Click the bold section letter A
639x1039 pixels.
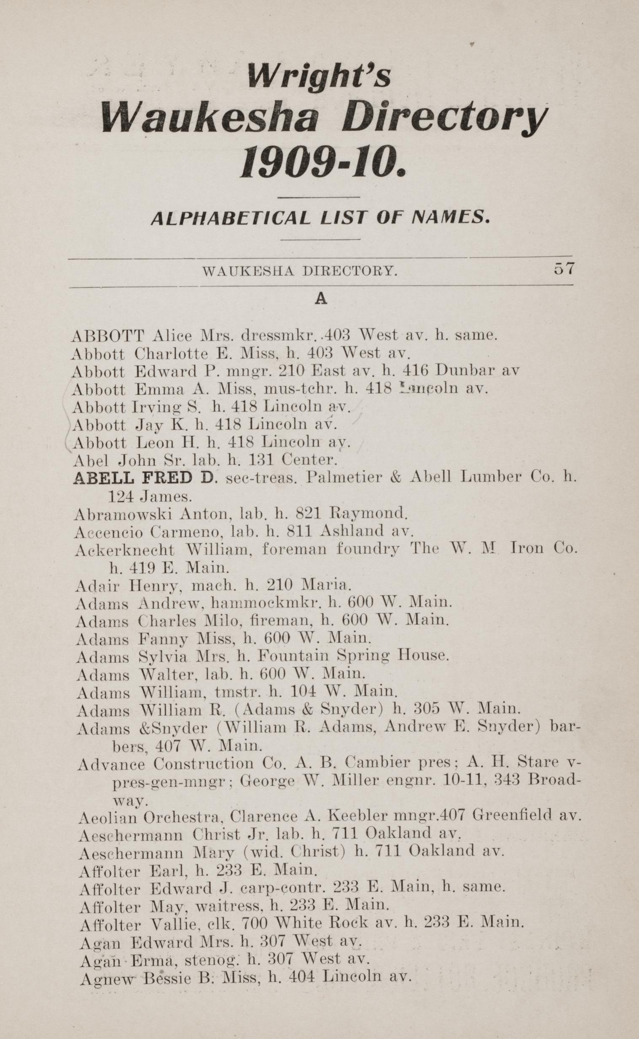[x=321, y=300]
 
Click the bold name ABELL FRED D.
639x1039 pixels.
[x=144, y=478]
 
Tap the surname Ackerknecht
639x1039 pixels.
[x=125, y=550]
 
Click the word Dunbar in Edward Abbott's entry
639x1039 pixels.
[x=464, y=370]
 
